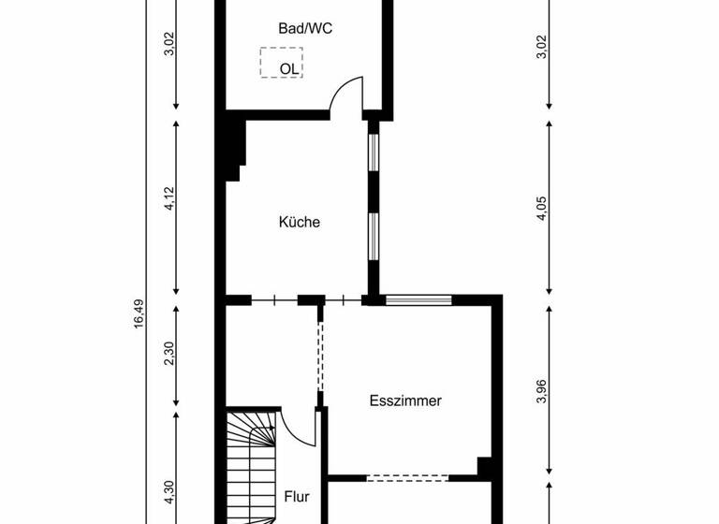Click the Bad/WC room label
coord(305,29)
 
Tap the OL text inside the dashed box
coord(288,68)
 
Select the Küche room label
coord(300,223)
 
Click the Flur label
coord(297,497)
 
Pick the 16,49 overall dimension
coord(139,313)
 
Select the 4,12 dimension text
coord(169,200)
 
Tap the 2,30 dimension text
coord(169,355)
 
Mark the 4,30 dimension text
coord(169,492)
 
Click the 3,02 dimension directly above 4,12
coord(169,44)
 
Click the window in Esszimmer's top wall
coord(418,300)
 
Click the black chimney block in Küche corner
coord(234,147)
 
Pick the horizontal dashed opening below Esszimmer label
coord(406,478)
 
